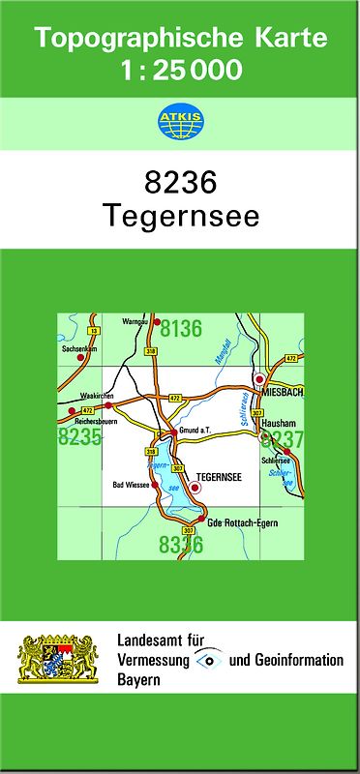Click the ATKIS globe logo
[180, 122]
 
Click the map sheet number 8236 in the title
[180, 182]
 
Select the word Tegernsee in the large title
[180, 217]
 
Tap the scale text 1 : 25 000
[181, 70]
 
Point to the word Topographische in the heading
[129, 39]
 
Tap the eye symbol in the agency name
[206, 660]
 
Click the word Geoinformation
[295, 660]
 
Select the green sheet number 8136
[181, 329]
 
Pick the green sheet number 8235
[79, 437]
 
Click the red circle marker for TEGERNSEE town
[195, 488]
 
